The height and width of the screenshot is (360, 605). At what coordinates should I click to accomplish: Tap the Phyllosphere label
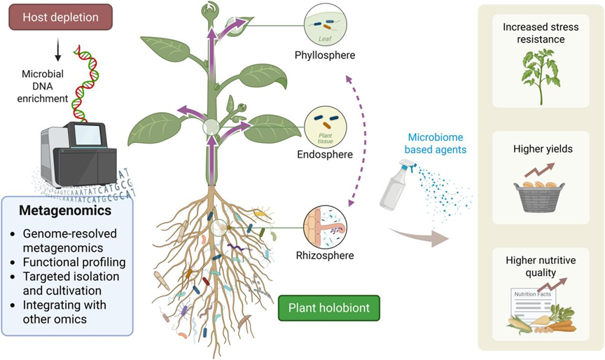tap(324, 55)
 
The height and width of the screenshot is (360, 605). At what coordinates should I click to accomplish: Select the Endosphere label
tap(324, 154)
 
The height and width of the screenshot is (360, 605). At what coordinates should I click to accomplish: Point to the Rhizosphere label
tap(324, 256)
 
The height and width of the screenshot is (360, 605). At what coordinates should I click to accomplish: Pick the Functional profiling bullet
tap(73, 262)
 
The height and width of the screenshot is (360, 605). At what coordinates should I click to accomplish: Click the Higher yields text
tap(538, 148)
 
